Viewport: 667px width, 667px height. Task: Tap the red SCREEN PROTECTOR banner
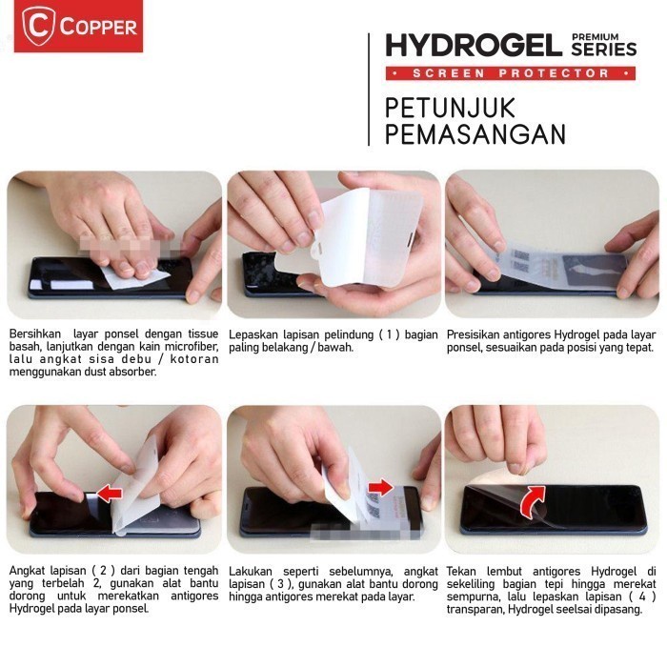[x=511, y=73]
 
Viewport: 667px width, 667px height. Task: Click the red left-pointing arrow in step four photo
[x=111, y=493]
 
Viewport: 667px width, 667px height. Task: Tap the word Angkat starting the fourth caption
[x=28, y=571]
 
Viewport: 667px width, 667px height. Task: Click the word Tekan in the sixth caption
[x=463, y=571]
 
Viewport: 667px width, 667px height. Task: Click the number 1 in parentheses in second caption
[x=388, y=334]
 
